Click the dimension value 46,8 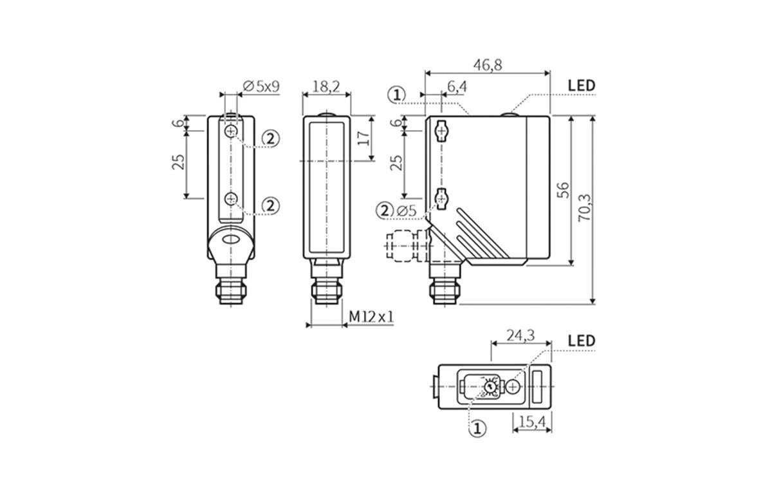pos(488,64)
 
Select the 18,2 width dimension pos(326,86)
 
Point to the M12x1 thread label pos(371,317)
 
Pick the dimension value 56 pos(563,189)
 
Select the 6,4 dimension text pos(457,86)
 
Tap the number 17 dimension pos(363,138)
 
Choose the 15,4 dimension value pos(532,422)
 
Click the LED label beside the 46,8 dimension pos(582,86)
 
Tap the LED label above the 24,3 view pos(582,341)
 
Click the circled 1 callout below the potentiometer pos(477,428)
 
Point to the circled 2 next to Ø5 pos(385,210)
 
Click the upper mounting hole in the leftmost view pos(231,131)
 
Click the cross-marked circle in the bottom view pos(512,386)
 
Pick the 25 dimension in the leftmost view pos(179,161)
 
